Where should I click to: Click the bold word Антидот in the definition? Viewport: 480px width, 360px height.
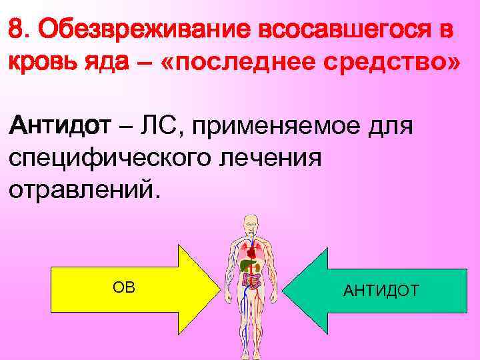(x=53, y=125)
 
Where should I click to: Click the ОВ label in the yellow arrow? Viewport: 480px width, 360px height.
(x=123, y=287)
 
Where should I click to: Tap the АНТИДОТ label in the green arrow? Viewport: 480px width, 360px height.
(x=381, y=291)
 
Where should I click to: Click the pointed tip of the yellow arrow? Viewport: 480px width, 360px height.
(x=219, y=287)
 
